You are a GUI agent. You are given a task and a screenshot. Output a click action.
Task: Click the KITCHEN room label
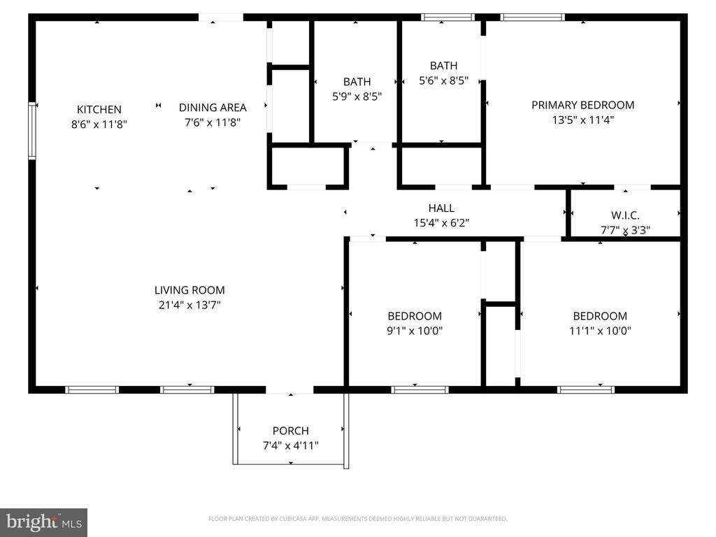click(x=99, y=110)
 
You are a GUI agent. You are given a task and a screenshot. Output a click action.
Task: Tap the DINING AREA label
click(x=213, y=108)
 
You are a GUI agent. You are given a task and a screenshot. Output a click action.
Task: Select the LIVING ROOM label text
click(x=189, y=290)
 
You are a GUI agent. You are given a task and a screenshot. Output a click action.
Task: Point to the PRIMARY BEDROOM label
click(x=582, y=105)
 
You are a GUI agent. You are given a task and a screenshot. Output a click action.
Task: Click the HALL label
click(x=441, y=208)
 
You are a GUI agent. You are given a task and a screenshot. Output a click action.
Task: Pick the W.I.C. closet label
click(x=625, y=215)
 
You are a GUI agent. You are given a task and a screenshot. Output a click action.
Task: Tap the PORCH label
click(x=290, y=431)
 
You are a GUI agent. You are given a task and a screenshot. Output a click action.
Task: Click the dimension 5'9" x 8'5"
click(x=357, y=96)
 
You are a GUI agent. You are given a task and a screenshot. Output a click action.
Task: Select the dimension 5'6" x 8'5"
click(x=443, y=80)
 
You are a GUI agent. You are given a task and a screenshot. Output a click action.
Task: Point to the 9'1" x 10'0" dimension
click(x=415, y=331)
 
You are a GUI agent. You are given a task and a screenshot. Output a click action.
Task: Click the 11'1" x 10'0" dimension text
click(x=600, y=331)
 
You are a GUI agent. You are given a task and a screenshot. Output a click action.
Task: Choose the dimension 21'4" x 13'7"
click(x=189, y=305)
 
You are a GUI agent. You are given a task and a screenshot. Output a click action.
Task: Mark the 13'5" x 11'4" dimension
click(x=582, y=120)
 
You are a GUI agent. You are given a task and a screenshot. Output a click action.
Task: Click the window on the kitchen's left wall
click(x=32, y=131)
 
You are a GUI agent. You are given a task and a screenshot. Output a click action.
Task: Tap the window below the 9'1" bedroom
click(x=420, y=389)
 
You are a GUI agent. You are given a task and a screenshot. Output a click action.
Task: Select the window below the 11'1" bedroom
click(x=585, y=389)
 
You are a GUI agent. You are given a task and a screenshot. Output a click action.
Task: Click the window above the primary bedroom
click(x=532, y=17)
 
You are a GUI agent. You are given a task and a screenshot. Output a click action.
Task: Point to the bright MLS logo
click(x=43, y=522)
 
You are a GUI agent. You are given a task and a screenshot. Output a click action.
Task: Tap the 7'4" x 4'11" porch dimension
click(x=290, y=445)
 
